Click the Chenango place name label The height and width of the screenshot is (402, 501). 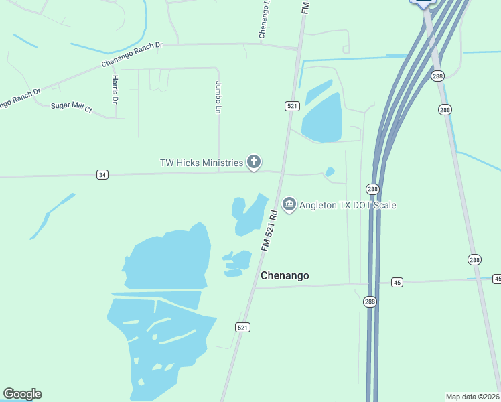point(285,275)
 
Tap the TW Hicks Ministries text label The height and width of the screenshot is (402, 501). point(201,162)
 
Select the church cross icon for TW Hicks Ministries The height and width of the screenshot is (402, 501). point(254,161)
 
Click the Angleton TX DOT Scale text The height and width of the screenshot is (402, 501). point(348,204)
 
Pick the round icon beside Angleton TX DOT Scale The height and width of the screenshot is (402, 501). point(289,204)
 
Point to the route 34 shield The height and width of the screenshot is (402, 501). point(102,175)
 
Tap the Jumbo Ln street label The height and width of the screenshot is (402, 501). point(218,96)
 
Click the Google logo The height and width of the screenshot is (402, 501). point(22,394)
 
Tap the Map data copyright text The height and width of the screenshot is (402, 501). point(473,396)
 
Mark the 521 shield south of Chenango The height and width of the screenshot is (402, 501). point(242,327)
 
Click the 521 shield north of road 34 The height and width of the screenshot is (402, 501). point(292,106)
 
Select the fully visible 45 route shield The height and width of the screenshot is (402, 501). point(397,282)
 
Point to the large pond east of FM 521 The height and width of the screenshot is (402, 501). point(321,119)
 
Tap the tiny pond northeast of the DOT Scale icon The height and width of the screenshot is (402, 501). point(329,172)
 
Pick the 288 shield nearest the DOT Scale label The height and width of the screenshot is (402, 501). point(373,189)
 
